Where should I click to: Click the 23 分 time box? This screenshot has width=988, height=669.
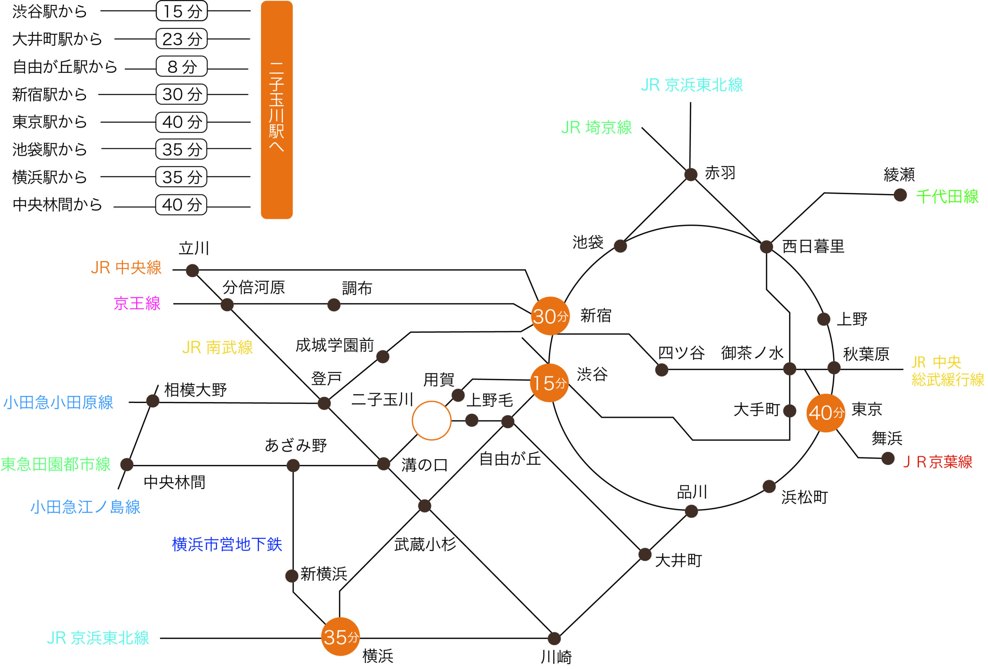point(181,39)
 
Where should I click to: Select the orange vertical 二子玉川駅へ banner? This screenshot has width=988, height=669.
point(276,110)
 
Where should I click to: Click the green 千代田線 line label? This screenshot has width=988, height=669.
point(947,196)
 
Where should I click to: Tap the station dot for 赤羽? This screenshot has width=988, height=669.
point(690,174)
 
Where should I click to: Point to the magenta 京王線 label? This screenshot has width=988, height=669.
point(137,303)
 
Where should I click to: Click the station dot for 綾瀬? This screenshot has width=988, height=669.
point(900,195)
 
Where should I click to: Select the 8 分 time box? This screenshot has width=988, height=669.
point(181,66)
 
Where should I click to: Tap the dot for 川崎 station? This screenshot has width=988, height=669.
point(554,638)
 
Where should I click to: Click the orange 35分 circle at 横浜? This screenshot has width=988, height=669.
point(340,636)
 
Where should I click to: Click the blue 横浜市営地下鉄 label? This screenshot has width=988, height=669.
point(227,544)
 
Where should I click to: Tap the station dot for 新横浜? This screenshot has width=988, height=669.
point(291,576)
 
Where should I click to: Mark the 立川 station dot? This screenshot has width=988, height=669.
point(192,270)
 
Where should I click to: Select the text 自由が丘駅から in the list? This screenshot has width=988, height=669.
point(65,67)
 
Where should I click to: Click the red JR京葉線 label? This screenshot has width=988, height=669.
point(937,462)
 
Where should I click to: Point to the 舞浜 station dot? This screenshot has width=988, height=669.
point(888,458)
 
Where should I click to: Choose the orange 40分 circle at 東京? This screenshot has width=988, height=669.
point(826,413)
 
